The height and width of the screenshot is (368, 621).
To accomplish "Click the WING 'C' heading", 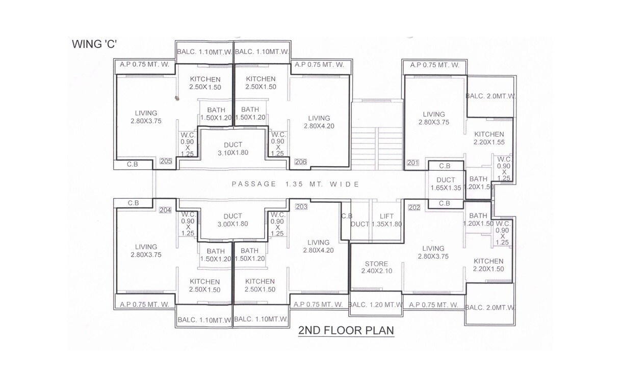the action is tap(94, 44).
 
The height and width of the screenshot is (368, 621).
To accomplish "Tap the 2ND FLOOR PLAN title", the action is tap(346, 331).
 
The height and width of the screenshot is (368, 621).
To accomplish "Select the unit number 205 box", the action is tap(166, 161).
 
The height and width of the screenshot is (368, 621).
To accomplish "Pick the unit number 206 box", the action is tap(301, 162).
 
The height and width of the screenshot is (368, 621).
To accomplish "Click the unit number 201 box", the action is tap(413, 163).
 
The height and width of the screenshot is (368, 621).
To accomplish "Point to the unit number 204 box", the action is tap(165, 210).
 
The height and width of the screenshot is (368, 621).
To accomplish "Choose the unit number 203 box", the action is tap(301, 207).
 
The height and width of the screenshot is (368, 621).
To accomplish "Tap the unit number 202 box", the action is tap(414, 207).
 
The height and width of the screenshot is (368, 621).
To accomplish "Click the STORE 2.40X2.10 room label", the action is tap(376, 267).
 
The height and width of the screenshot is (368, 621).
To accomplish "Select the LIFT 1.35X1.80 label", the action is tap(386, 220).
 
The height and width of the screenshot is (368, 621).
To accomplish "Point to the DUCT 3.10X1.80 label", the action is tap(233, 148).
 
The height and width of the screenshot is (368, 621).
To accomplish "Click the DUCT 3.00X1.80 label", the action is tap(232, 220).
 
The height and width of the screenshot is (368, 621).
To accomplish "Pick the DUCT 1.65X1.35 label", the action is tap(446, 183).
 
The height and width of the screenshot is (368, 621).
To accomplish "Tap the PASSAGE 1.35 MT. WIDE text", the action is tap(296, 184).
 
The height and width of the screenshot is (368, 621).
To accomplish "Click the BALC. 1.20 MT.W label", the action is tap(376, 304).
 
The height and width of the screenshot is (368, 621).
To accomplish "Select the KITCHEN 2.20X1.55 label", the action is tap(489, 138).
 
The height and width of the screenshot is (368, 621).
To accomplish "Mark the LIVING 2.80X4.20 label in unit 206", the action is tap(319, 122).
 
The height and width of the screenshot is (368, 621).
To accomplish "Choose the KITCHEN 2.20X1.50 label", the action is tap(488, 265).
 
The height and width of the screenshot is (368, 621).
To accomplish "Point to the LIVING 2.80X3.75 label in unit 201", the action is tap(434, 118).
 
